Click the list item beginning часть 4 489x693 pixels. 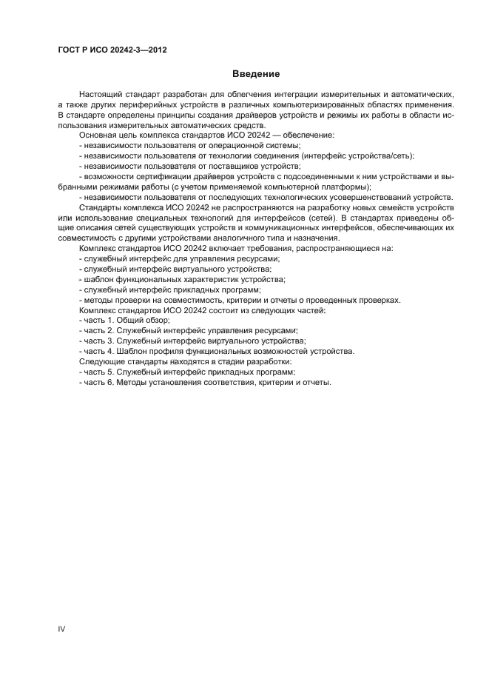tap(218, 351)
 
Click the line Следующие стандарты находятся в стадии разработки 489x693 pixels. tap(185, 361)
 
